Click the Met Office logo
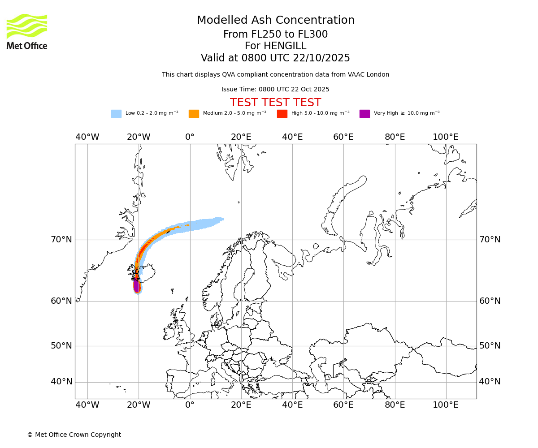[x=27, y=31]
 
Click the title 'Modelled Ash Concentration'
[x=275, y=21]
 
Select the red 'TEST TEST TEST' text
[x=275, y=103]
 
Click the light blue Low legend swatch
[x=116, y=113]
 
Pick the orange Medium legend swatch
[x=194, y=113]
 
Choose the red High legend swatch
[x=282, y=113]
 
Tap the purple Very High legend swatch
[x=364, y=113]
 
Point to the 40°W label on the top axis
[x=87, y=137]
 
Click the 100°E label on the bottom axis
[x=446, y=405]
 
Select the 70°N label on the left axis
[x=61, y=240]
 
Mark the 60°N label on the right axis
[x=490, y=301]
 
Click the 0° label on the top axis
[x=190, y=137]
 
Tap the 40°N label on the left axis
[x=61, y=382]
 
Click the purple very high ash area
[x=136, y=285]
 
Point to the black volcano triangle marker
[x=135, y=277]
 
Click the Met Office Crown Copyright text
[x=74, y=435]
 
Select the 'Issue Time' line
[x=275, y=89]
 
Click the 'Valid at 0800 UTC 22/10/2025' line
[x=275, y=58]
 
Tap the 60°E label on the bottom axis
[x=343, y=405]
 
